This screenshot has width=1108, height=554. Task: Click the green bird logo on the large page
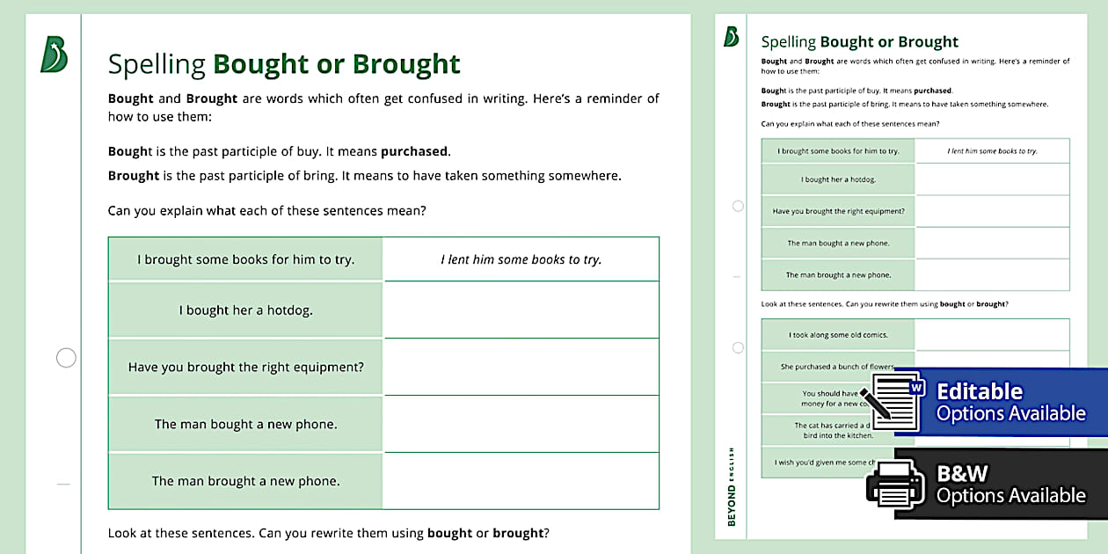[54, 55]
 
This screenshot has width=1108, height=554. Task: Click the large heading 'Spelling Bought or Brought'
[284, 64]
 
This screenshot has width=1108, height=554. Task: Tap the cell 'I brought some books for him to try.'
[245, 259]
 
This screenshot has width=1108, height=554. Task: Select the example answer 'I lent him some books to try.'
[521, 259]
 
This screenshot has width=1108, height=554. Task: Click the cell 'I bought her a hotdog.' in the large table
[245, 310]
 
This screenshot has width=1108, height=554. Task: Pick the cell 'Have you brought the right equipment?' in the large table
[245, 367]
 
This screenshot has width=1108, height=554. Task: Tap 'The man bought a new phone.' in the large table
[245, 424]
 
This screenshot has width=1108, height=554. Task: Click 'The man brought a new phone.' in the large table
[245, 481]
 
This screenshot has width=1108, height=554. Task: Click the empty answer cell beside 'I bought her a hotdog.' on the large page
[521, 310]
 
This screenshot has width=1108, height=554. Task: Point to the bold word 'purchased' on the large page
[414, 151]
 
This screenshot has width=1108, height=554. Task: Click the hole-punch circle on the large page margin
[66, 358]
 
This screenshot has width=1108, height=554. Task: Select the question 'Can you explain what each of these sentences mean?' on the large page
[266, 211]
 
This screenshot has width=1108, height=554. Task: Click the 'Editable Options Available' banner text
[1010, 402]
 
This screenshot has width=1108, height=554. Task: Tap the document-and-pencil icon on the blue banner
[892, 402]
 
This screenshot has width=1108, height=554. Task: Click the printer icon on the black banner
[895, 485]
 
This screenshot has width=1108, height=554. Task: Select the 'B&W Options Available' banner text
[1010, 485]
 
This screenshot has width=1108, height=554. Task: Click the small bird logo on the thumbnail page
[731, 37]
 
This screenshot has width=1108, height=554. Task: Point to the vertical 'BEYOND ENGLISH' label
[732, 487]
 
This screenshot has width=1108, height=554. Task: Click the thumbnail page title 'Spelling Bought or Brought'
[859, 42]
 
